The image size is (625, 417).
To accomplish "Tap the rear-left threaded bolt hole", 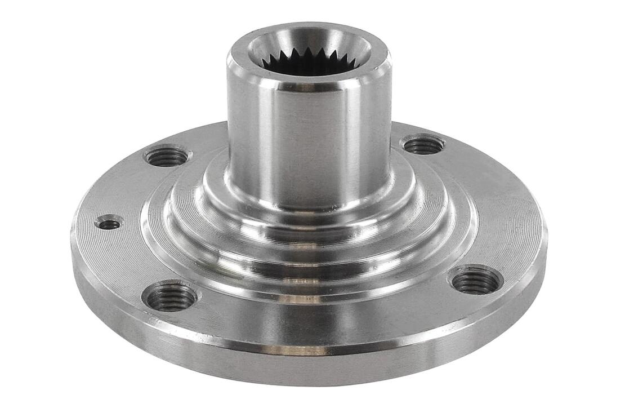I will pos(166,156).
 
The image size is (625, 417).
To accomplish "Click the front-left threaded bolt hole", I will pos(170,297).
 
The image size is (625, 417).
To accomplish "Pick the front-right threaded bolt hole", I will pos(476,280).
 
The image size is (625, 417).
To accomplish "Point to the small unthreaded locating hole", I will pos(109,224).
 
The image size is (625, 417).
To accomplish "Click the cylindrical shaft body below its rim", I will pos(309,141).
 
